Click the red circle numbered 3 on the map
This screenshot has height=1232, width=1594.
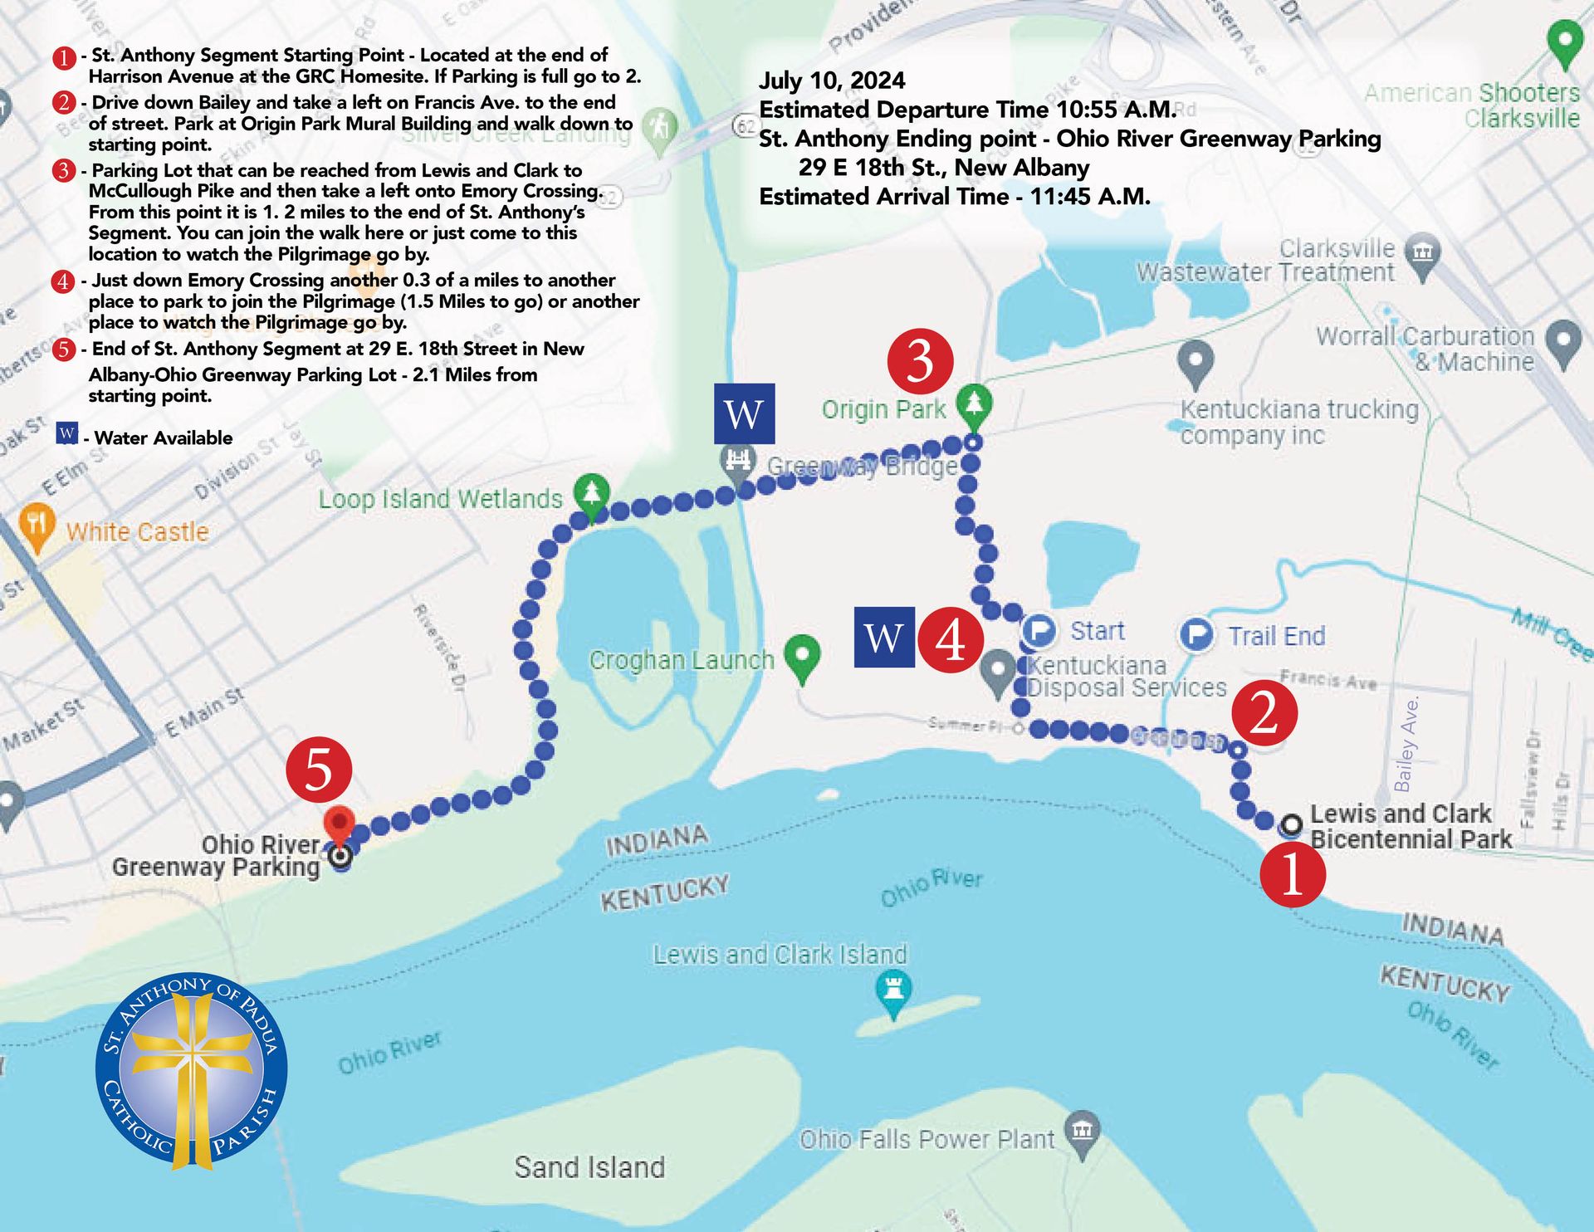pos(920,362)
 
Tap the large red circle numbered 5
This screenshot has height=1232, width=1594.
pos(319,770)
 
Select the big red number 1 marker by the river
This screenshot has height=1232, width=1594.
pos(1293,874)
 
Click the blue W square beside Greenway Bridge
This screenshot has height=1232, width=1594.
pos(744,413)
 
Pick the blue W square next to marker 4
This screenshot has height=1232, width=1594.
pos(884,638)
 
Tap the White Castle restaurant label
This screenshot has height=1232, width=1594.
pos(137,532)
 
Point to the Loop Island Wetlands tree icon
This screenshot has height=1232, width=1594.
pos(591,494)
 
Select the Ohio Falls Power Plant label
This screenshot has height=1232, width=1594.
pos(927,1139)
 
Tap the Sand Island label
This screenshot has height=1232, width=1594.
pos(589,1167)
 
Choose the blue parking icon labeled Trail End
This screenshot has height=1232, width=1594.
pos(1196,635)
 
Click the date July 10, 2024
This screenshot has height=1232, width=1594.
pos(832,81)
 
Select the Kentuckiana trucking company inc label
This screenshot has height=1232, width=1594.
pos(1299,422)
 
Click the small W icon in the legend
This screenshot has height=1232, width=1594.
pos(67,433)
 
